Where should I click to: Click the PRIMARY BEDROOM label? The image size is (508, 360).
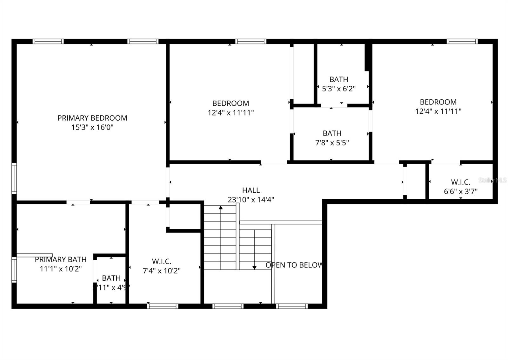[92, 118]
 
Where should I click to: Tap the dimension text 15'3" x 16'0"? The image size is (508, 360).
[92, 128]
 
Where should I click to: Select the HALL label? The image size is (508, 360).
[251, 190]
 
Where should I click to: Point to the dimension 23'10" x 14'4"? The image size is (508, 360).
[251, 200]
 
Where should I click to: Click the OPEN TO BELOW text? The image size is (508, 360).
[294, 265]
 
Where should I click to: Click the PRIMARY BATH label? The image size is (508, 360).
[61, 260]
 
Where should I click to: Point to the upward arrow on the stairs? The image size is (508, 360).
[221, 208]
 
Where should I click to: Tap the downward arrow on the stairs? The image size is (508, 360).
[254, 268]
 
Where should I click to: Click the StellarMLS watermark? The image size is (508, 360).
[492, 180]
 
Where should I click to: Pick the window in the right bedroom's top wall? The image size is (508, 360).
[462, 41]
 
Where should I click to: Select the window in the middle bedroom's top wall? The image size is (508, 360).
[251, 41]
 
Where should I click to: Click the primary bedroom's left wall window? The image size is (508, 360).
[14, 178]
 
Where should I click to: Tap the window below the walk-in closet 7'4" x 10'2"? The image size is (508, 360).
[163, 306]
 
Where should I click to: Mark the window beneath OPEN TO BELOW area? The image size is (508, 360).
[291, 306]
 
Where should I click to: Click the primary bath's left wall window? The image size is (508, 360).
[14, 270]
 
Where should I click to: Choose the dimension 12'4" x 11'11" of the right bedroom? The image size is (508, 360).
[438, 111]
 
